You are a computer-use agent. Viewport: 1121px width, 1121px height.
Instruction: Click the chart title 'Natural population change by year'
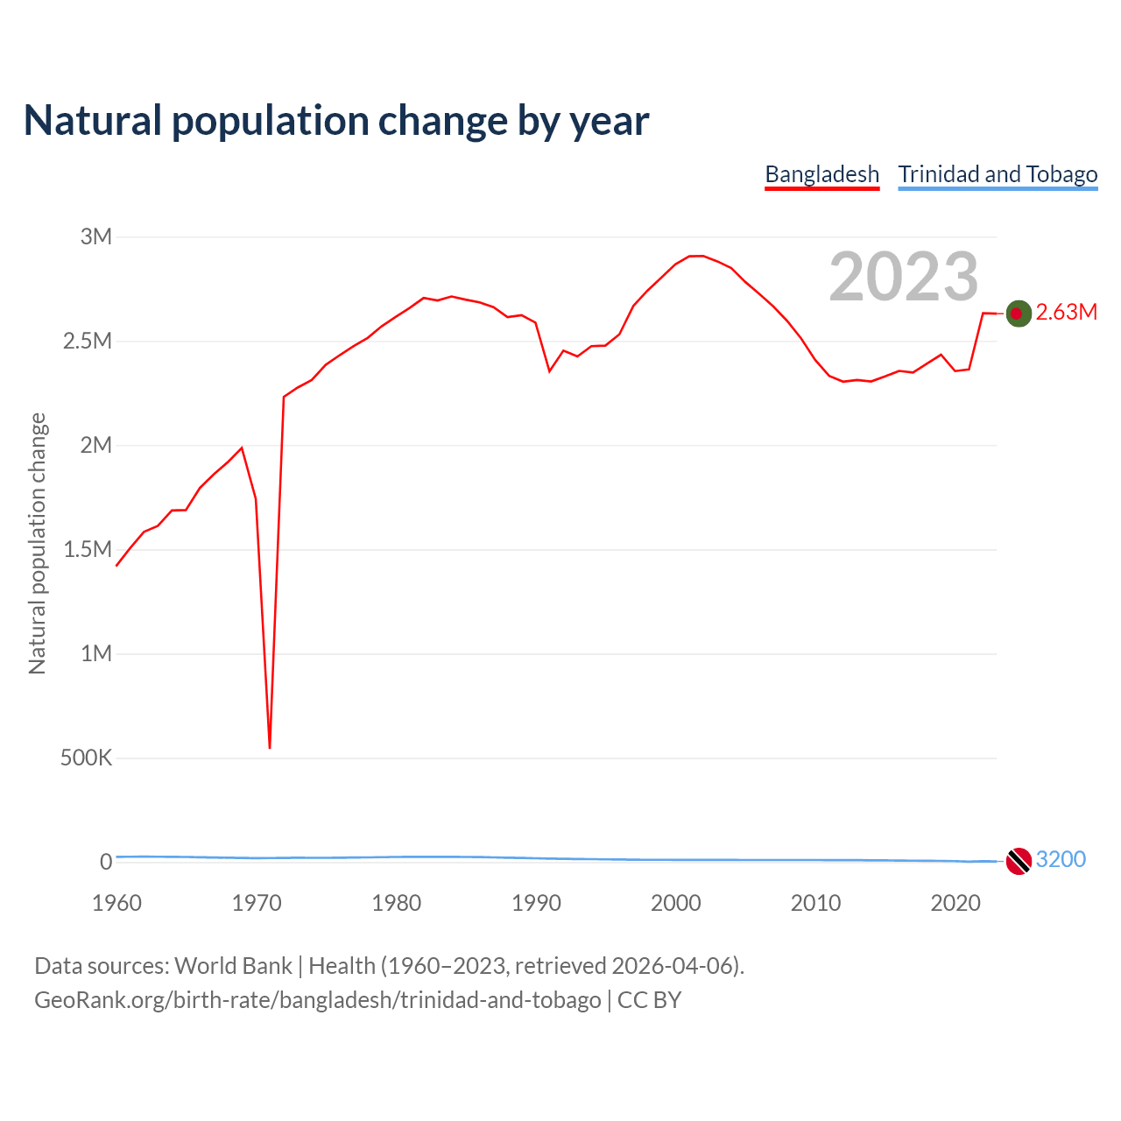click(336, 121)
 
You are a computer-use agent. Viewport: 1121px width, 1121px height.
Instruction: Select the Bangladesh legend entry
click(821, 174)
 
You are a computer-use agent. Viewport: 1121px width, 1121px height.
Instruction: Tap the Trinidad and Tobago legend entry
click(998, 174)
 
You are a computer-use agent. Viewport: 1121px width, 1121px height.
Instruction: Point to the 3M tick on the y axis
click(96, 236)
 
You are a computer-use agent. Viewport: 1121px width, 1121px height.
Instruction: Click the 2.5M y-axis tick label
click(88, 341)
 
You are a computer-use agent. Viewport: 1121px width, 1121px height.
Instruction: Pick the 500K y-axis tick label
click(86, 758)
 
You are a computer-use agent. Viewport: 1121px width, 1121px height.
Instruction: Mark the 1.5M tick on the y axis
click(88, 549)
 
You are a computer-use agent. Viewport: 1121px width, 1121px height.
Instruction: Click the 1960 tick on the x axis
click(116, 903)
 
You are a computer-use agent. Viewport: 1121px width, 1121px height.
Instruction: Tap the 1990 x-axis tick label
click(536, 903)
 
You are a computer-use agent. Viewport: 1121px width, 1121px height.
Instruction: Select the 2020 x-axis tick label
click(955, 903)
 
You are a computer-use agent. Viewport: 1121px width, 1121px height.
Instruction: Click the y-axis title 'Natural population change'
click(37, 544)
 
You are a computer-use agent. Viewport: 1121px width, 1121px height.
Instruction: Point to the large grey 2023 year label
click(903, 277)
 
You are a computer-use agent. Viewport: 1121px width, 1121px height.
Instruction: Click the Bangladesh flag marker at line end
click(1018, 313)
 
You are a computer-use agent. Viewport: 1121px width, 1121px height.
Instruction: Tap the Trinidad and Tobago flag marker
click(1018, 861)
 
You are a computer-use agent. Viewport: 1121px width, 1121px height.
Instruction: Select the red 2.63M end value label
click(1066, 313)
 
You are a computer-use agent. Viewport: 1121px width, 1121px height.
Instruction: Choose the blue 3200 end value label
click(1061, 859)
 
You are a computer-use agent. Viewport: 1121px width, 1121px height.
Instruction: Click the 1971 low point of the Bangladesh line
click(270, 747)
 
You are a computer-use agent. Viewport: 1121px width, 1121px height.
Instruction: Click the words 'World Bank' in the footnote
click(233, 966)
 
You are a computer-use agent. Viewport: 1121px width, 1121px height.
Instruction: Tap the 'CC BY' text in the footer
click(649, 1000)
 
